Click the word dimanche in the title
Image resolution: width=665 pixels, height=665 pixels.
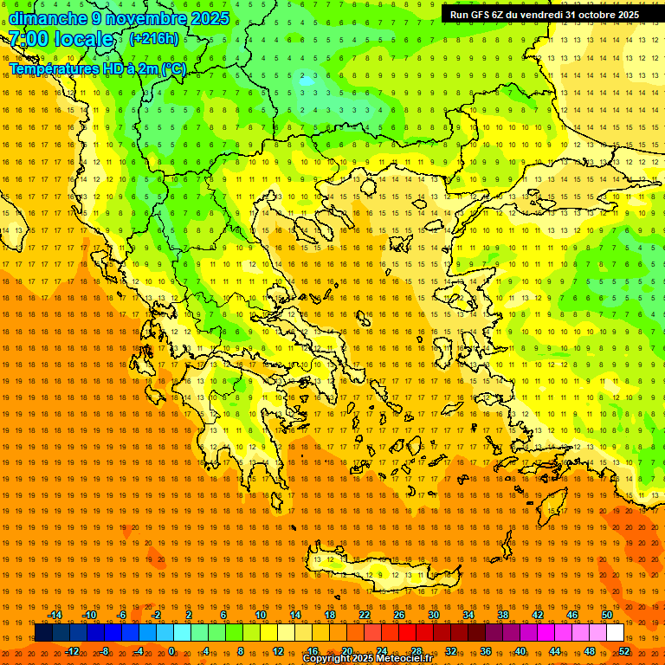coord(48,18)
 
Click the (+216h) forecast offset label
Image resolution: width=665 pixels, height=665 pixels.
coord(154,39)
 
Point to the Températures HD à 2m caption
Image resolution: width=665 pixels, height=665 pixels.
coord(97,68)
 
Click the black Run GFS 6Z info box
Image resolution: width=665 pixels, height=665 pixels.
coord(545,15)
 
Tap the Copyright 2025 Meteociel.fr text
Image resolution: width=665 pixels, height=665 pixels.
coord(367,659)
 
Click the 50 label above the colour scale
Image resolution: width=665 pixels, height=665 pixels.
coord(607,615)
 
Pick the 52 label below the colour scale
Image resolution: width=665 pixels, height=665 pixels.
coord(624,650)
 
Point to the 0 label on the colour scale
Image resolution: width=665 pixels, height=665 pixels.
coord(171,650)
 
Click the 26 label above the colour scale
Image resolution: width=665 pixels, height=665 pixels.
coord(399,615)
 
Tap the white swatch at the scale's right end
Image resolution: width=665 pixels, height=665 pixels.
coord(616,633)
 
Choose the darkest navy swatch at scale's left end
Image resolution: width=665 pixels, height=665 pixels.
coord(44,633)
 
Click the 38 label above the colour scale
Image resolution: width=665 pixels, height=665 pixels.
coord(503,615)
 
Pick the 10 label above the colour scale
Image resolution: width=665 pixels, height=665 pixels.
coord(261,615)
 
